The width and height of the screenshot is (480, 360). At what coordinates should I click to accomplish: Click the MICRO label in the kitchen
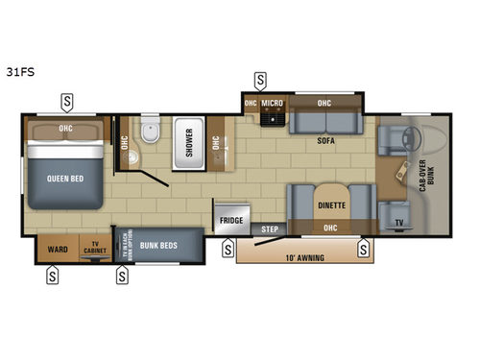[274, 104]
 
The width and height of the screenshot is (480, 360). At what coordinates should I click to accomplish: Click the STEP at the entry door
[271, 228]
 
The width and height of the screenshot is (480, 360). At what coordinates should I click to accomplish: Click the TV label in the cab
[397, 223]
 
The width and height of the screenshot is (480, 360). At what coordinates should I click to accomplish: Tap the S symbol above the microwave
[261, 79]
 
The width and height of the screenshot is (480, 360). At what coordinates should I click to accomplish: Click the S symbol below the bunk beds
[123, 276]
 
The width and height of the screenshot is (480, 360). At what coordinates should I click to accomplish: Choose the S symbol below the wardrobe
[52, 276]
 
